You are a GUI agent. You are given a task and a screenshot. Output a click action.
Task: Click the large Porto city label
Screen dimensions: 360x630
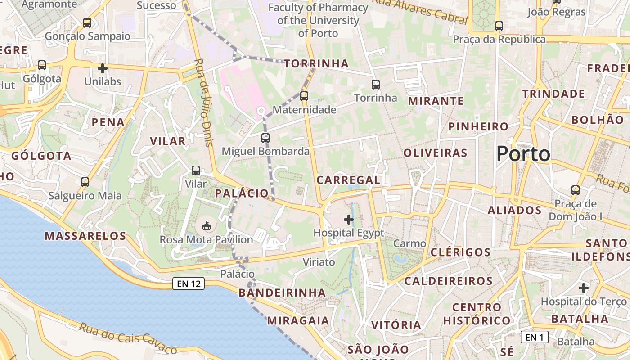point(523,154)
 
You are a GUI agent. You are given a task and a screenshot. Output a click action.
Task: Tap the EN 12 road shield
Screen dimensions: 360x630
point(189,283)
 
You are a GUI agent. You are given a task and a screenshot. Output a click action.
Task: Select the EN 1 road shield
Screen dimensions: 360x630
point(534,337)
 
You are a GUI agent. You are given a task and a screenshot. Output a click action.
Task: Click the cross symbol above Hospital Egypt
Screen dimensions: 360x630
point(349,220)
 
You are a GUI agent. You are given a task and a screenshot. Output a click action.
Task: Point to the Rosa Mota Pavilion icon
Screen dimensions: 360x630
point(207,226)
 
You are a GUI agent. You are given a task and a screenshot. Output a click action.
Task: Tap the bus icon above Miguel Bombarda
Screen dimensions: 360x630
point(265,138)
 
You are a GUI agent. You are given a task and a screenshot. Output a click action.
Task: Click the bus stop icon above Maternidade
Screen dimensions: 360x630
point(304,96)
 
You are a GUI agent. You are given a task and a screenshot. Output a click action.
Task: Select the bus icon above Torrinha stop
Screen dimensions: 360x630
point(376,84)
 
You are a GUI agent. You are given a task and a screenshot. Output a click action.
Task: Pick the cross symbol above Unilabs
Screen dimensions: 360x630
point(103,68)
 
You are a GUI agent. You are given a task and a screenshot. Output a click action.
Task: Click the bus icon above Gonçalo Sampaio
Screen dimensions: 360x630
point(87,22)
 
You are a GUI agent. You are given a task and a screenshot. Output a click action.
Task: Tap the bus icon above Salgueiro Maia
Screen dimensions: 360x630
point(85,182)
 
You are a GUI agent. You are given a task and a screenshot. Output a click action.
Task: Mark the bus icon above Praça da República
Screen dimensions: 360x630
point(499,26)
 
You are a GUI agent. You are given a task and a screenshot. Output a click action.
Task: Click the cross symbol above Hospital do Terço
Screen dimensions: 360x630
point(584,288)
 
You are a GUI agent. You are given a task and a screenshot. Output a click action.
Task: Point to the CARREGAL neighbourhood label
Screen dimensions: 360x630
point(348,180)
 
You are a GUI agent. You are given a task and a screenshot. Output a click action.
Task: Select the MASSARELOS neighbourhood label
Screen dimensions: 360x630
point(85,236)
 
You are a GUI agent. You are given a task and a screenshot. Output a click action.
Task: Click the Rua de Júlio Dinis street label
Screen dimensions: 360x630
point(204,103)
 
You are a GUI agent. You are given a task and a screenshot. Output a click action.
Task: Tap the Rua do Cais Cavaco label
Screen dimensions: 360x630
point(128,338)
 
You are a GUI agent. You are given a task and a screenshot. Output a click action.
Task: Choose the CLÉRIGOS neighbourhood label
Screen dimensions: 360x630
point(460,252)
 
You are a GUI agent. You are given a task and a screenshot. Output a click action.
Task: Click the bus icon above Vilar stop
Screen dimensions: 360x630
point(196,171)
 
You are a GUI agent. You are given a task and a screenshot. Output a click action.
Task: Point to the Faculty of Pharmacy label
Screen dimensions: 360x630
point(318,20)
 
